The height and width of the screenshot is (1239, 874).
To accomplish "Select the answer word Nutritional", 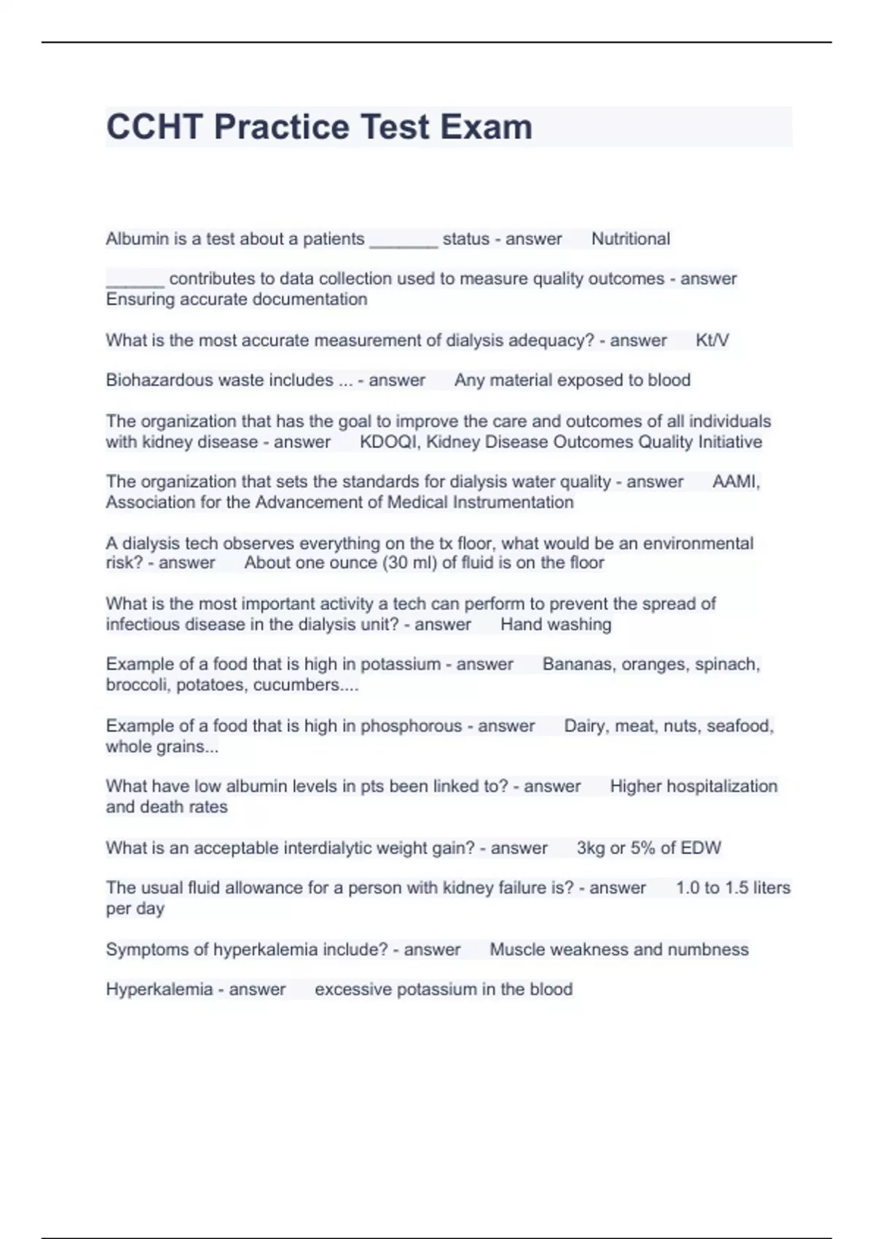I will click(630, 239).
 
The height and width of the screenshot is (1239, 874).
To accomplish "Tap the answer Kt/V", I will click(712, 340).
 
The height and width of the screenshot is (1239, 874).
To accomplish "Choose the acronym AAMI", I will click(735, 482).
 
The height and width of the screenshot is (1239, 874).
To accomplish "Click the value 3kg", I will click(590, 848).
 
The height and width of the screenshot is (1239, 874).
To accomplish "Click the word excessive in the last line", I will click(353, 990).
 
